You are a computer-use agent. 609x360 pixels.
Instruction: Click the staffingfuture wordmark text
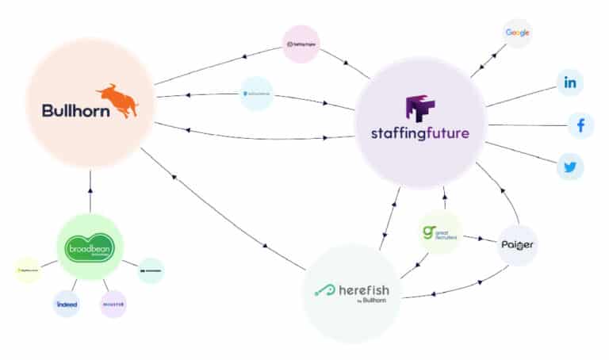coord(419,134)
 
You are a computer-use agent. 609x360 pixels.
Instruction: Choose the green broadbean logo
coord(90,247)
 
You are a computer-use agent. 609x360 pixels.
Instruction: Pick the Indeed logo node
coord(66,303)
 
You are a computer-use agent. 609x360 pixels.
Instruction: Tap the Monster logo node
coord(113,303)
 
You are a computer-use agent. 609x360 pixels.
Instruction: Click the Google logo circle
coord(517,33)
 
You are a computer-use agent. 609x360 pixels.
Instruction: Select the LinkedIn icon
coord(570,82)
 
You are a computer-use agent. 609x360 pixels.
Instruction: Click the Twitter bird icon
coord(570,167)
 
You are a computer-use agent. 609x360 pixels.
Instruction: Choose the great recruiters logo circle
coord(439,233)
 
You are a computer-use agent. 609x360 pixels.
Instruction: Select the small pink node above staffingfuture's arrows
coord(301,44)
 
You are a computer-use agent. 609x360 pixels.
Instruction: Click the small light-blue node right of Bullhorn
coord(256,94)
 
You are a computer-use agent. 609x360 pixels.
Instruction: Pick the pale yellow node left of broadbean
coord(28,270)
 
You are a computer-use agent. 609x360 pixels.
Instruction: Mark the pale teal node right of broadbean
coord(151,270)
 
